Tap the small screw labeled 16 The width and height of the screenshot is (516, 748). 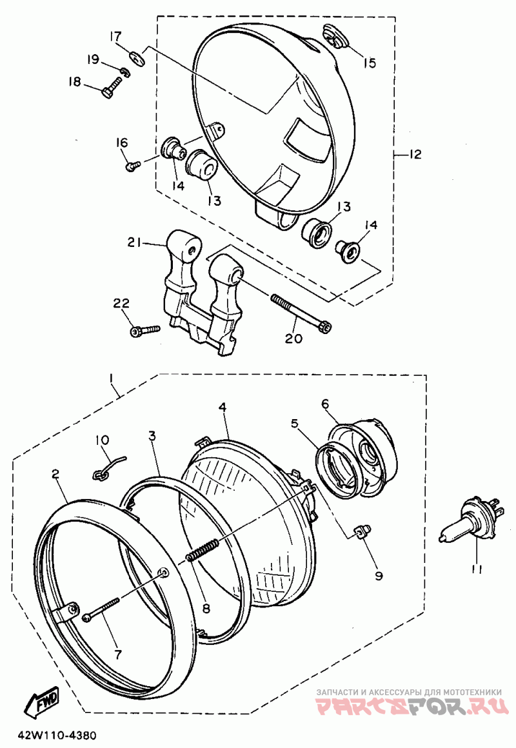pos(133,166)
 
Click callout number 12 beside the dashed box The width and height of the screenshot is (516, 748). pos(415,154)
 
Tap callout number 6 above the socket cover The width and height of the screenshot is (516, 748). pos(325,404)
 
